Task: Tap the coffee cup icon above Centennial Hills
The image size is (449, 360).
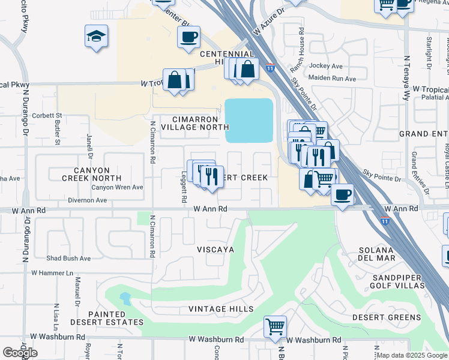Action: pos(188,38)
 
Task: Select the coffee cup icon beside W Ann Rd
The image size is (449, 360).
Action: pos(342,195)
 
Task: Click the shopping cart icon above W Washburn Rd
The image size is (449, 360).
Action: pos(275,328)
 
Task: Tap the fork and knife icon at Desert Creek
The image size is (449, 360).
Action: pos(212,177)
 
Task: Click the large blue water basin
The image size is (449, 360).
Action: pos(249,121)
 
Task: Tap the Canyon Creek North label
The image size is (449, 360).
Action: pos(92,174)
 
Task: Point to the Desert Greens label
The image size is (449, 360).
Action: pos(386,317)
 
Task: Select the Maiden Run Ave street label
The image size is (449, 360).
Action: pos(333,77)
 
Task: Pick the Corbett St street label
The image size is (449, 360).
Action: pos(48,115)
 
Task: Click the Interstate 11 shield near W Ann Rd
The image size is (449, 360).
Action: pos(384,221)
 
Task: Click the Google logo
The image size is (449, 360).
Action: pos(20,353)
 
